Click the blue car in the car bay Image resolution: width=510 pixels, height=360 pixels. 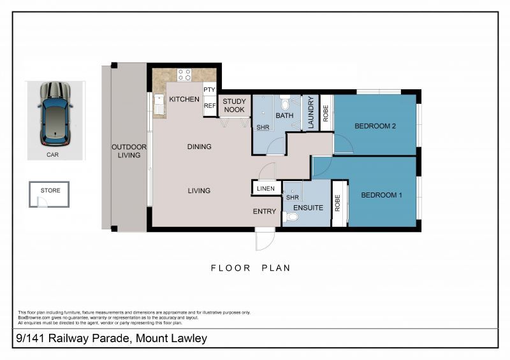(x=55, y=113)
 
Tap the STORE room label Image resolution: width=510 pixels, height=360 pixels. (x=50, y=190)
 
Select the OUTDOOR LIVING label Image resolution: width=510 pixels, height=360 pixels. (x=129, y=151)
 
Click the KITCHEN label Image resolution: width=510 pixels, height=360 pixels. (x=184, y=99)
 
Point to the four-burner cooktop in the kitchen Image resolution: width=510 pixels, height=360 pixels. (x=184, y=75)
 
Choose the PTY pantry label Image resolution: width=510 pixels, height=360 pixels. (x=209, y=90)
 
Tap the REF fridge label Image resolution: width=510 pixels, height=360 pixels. (x=210, y=107)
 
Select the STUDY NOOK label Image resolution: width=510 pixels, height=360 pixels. (x=234, y=105)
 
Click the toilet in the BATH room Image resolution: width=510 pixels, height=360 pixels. (x=285, y=102)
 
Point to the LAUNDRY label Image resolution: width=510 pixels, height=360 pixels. (x=311, y=113)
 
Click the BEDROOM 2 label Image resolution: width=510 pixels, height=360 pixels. (x=375, y=126)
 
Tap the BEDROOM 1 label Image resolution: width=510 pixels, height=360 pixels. (x=381, y=195)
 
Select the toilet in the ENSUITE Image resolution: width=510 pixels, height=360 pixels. (x=291, y=217)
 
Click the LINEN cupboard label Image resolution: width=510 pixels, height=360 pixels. (x=266, y=189)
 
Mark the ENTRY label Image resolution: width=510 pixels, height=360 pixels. (x=265, y=212)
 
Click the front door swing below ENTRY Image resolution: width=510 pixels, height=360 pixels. (x=264, y=240)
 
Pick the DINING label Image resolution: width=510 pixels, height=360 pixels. (x=200, y=147)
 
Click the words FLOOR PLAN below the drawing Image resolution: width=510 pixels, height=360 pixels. (x=251, y=268)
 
